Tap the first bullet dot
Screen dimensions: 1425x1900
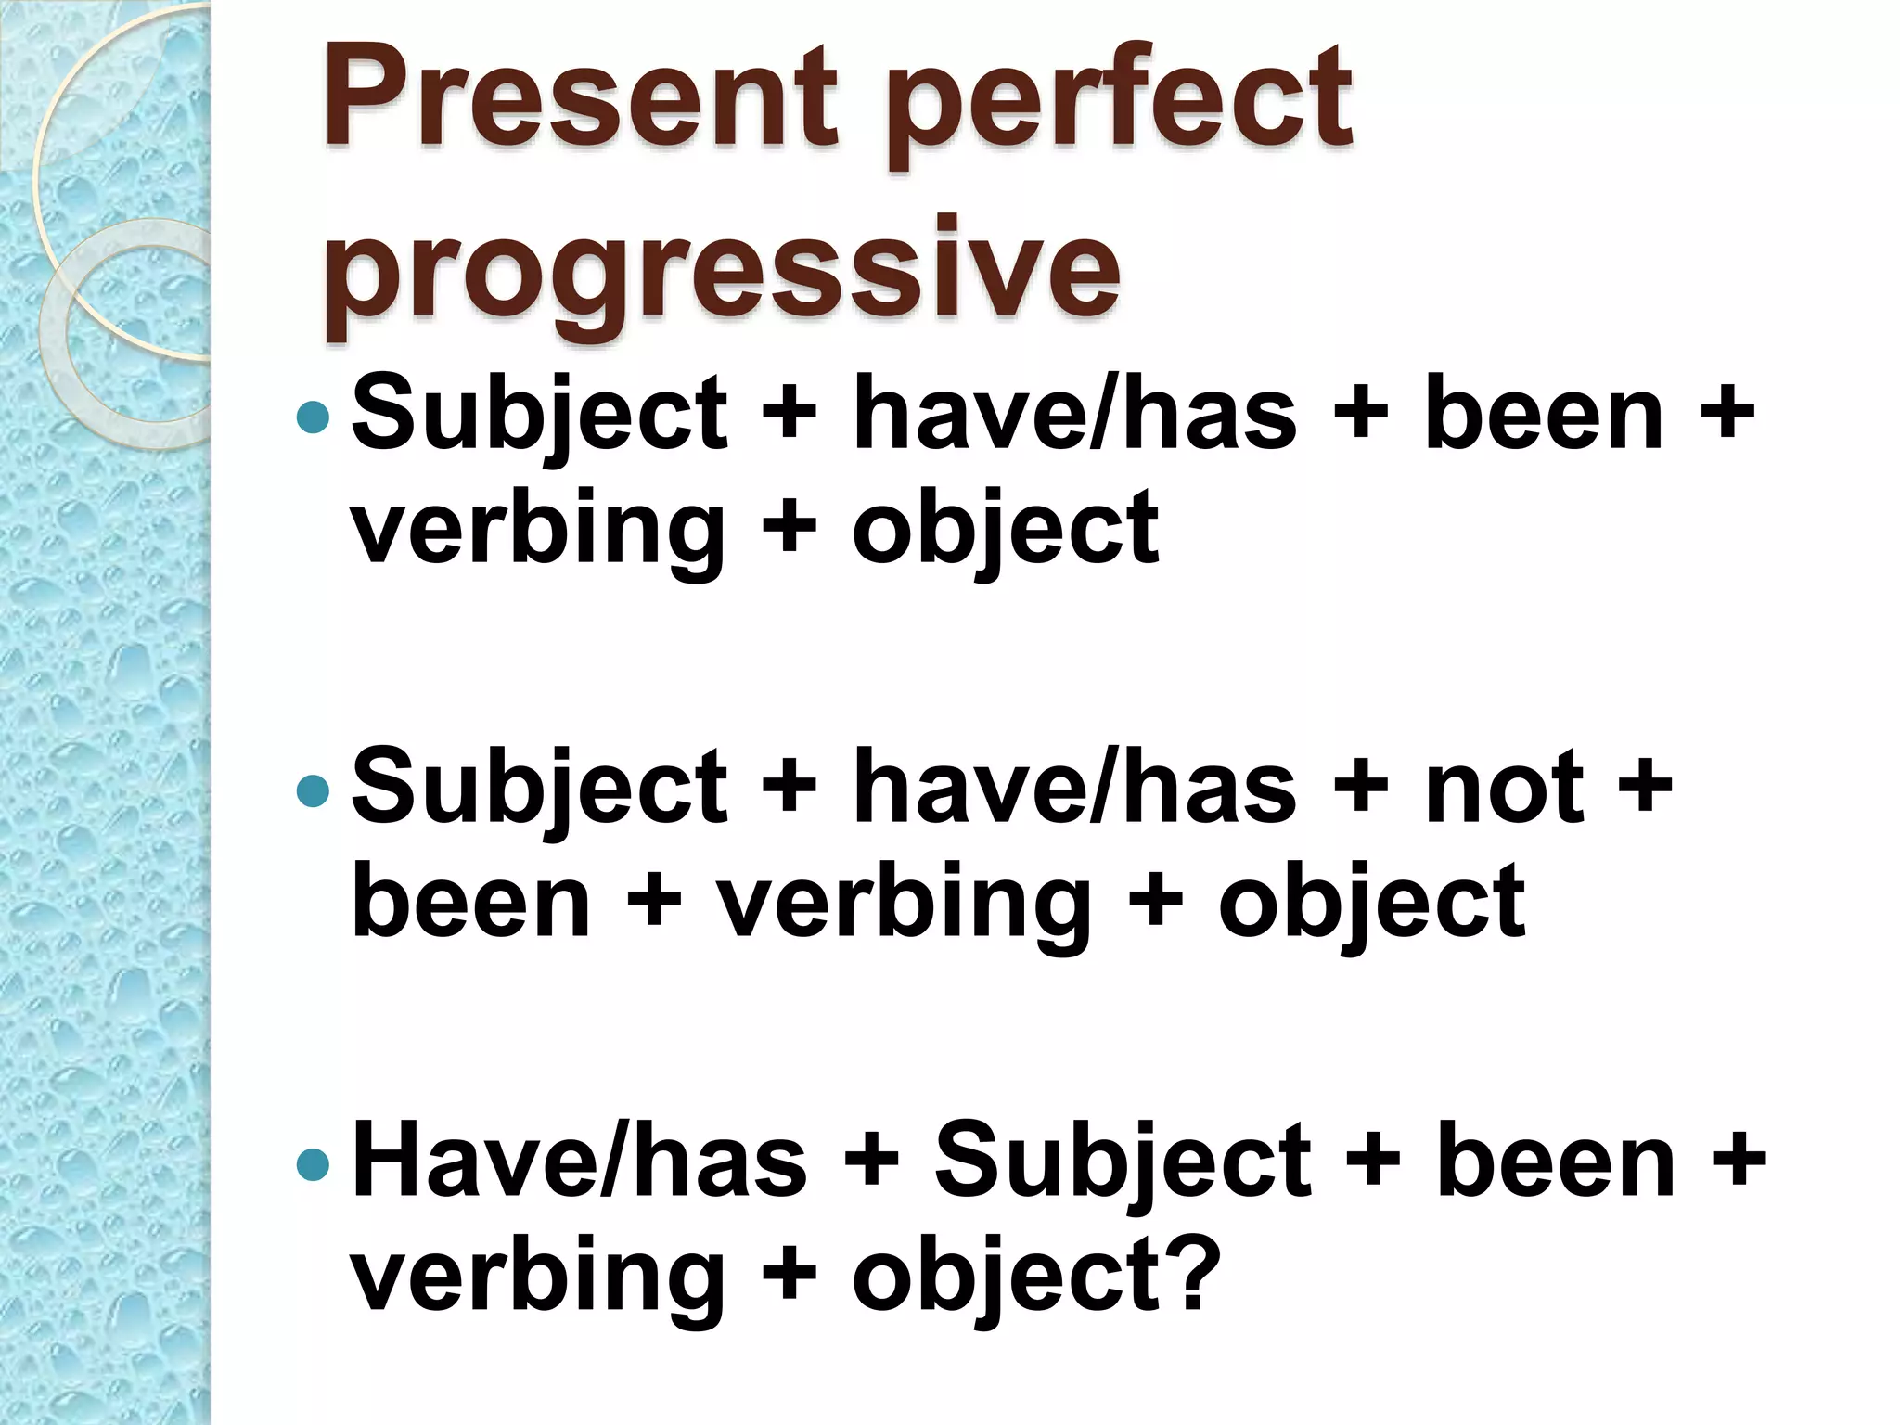tap(313, 417)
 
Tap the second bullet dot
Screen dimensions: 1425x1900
tap(313, 790)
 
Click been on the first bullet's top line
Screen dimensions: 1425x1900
tap(1544, 414)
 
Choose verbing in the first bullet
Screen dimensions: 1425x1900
tap(537, 531)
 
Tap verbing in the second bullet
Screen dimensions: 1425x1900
tap(905, 905)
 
